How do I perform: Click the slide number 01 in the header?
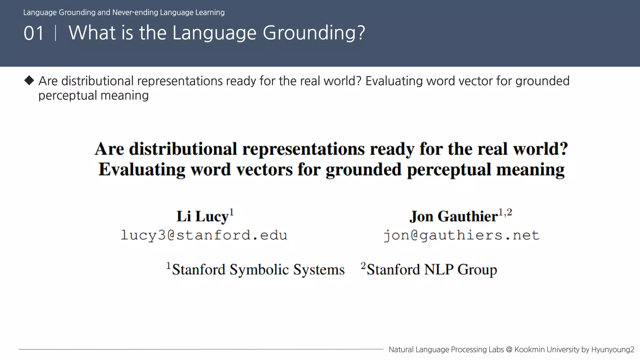[x=33, y=33]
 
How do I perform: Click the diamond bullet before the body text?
[x=29, y=80]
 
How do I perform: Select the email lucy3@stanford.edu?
[x=204, y=235]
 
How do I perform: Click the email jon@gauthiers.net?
[x=461, y=235]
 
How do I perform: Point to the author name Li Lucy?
[x=202, y=216]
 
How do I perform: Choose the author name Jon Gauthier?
[x=453, y=216]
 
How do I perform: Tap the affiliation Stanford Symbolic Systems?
[x=258, y=269]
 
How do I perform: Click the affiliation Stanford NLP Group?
[x=432, y=269]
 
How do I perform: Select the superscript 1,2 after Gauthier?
[x=505, y=212]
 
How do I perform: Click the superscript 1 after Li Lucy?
[x=232, y=212]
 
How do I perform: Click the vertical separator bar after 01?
[x=56, y=33]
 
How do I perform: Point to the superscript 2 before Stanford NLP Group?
[x=363, y=265]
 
